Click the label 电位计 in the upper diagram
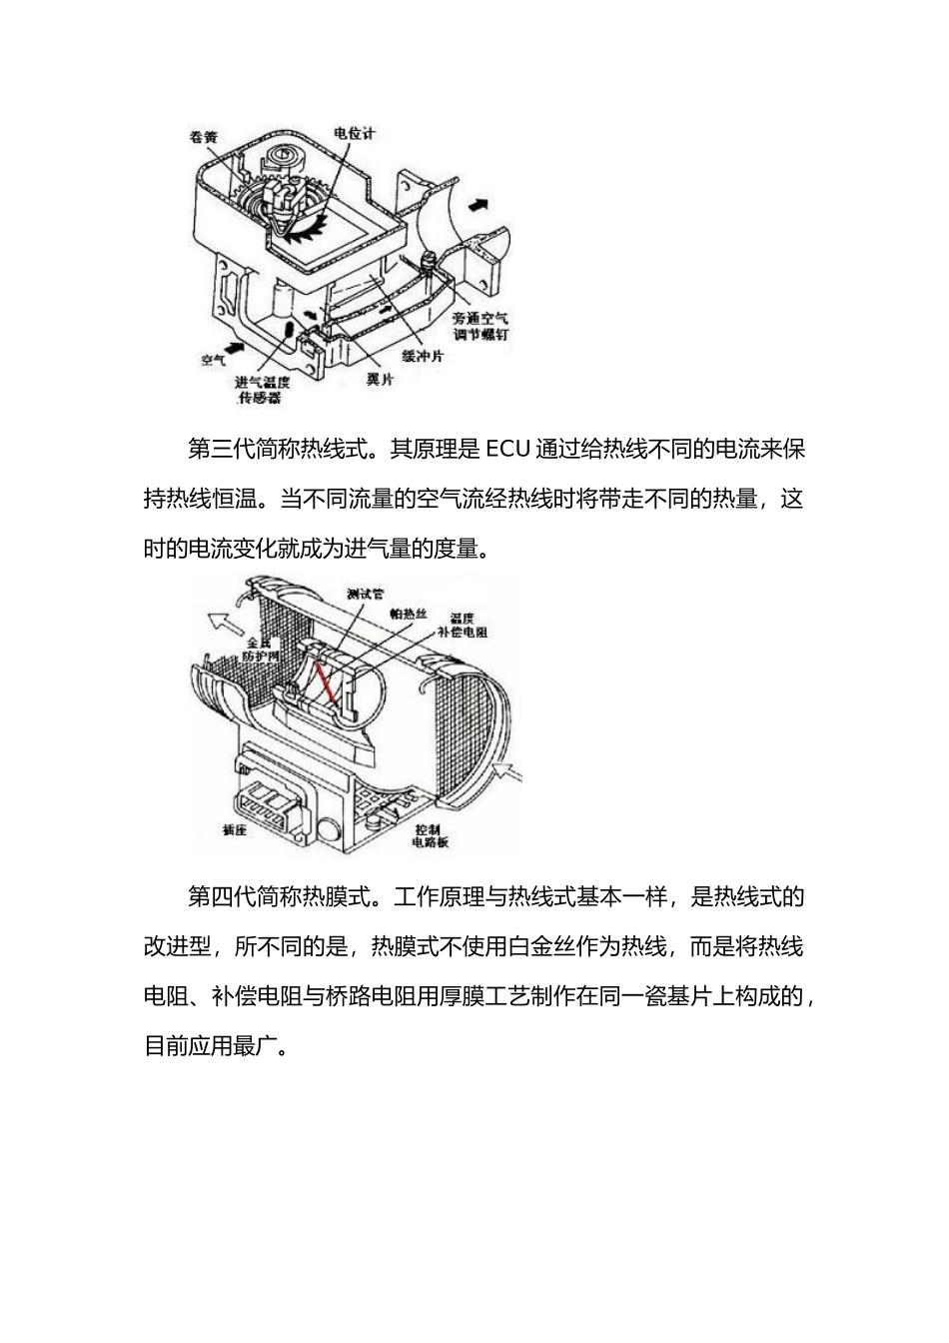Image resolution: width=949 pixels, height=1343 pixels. coord(354,134)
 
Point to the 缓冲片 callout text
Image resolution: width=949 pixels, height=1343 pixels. coord(423,356)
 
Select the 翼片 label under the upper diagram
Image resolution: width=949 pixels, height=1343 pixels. coord(380,380)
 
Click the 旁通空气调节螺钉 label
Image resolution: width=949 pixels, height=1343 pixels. coord(480,325)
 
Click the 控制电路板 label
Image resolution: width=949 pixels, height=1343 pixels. coord(431,835)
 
